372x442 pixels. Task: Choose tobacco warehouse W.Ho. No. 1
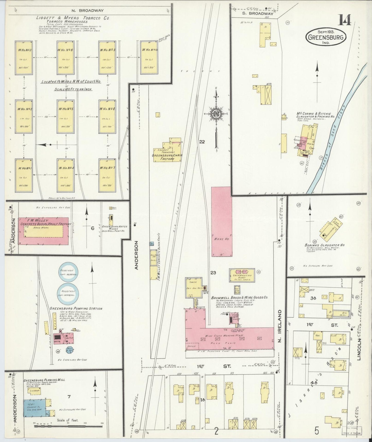(24, 175)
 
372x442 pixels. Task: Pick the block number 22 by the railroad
(202, 141)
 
